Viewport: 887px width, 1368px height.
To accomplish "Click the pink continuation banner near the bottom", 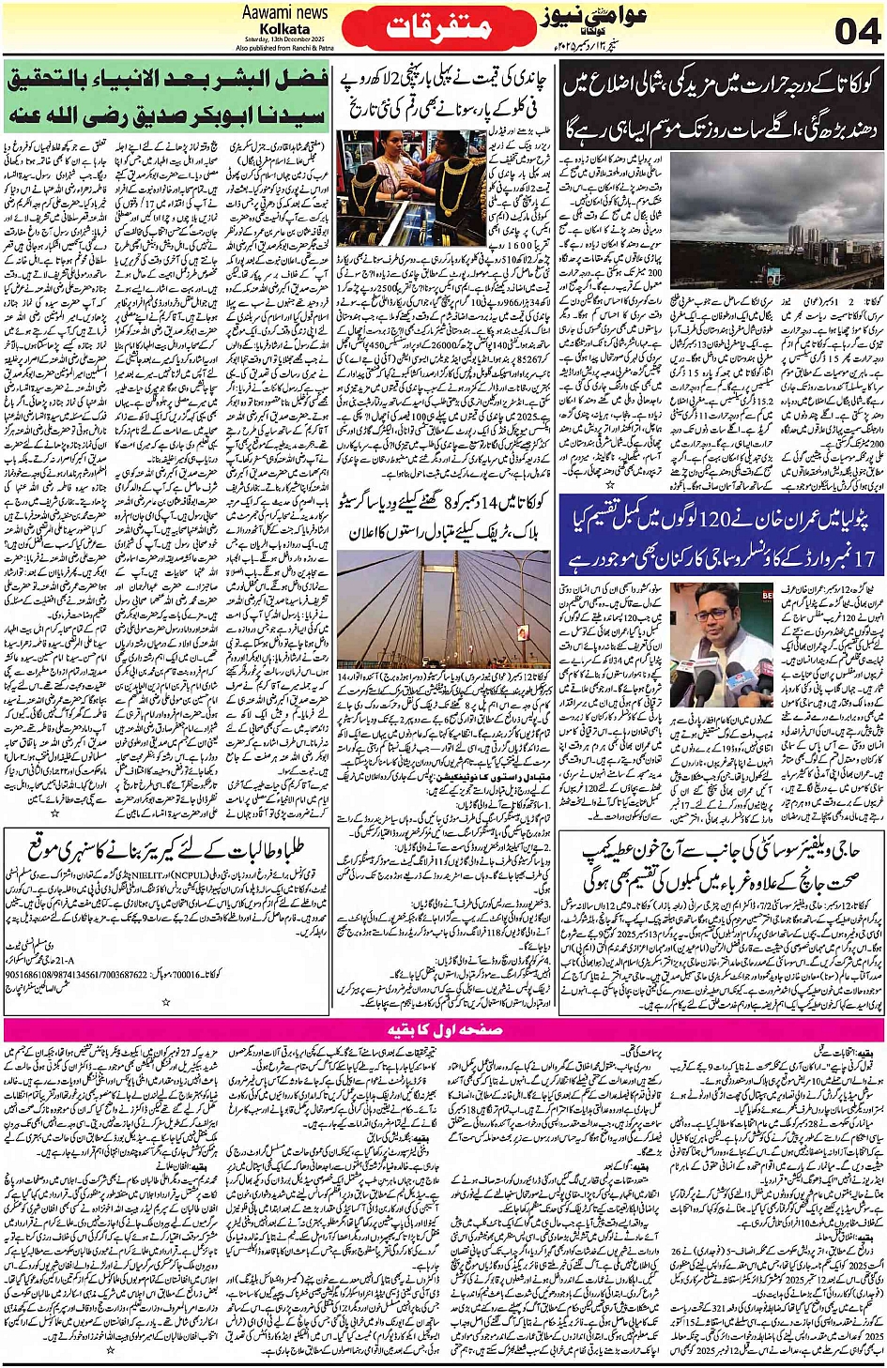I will tap(443, 1029).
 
